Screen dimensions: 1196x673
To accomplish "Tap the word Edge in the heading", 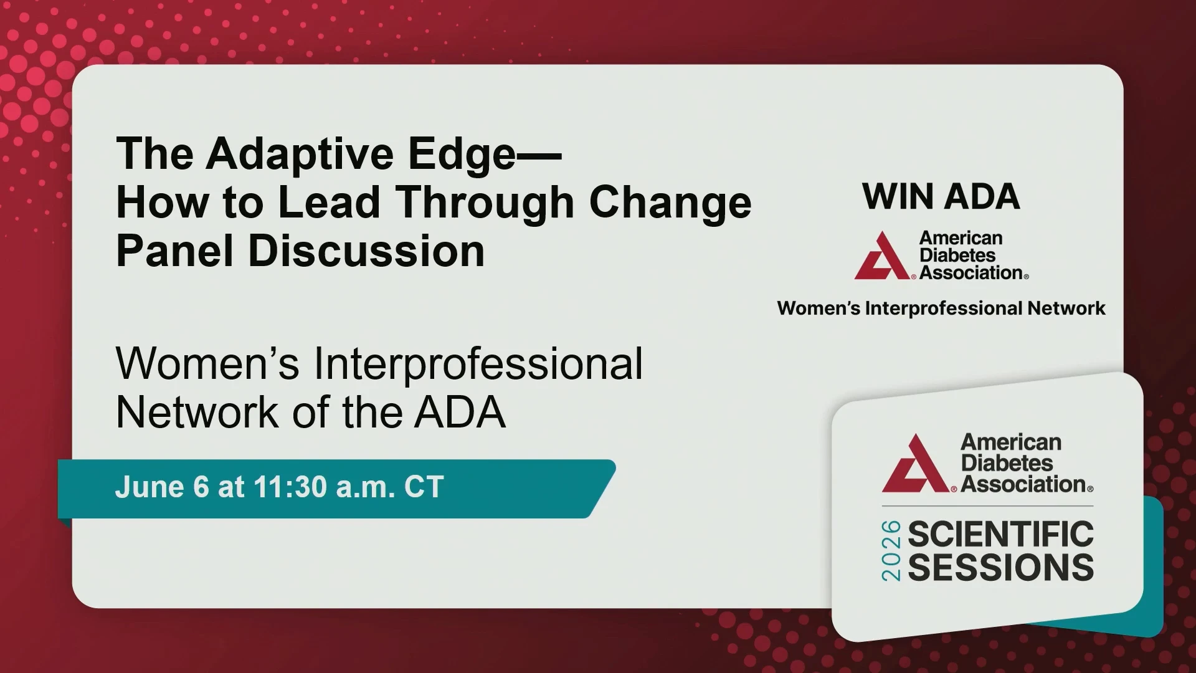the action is [462, 155].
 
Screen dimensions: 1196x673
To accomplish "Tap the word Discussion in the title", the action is [366, 251].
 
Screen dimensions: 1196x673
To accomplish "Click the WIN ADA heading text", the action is [941, 197].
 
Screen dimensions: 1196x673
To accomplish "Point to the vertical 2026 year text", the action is [891, 551].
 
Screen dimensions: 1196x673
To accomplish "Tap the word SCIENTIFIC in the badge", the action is [1000, 534].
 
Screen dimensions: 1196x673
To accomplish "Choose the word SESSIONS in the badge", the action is [1000, 567].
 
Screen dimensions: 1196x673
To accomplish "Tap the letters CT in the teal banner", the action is [424, 487].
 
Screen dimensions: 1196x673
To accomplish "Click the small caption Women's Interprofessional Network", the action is [941, 308].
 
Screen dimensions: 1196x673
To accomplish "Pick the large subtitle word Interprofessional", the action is [478, 364].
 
